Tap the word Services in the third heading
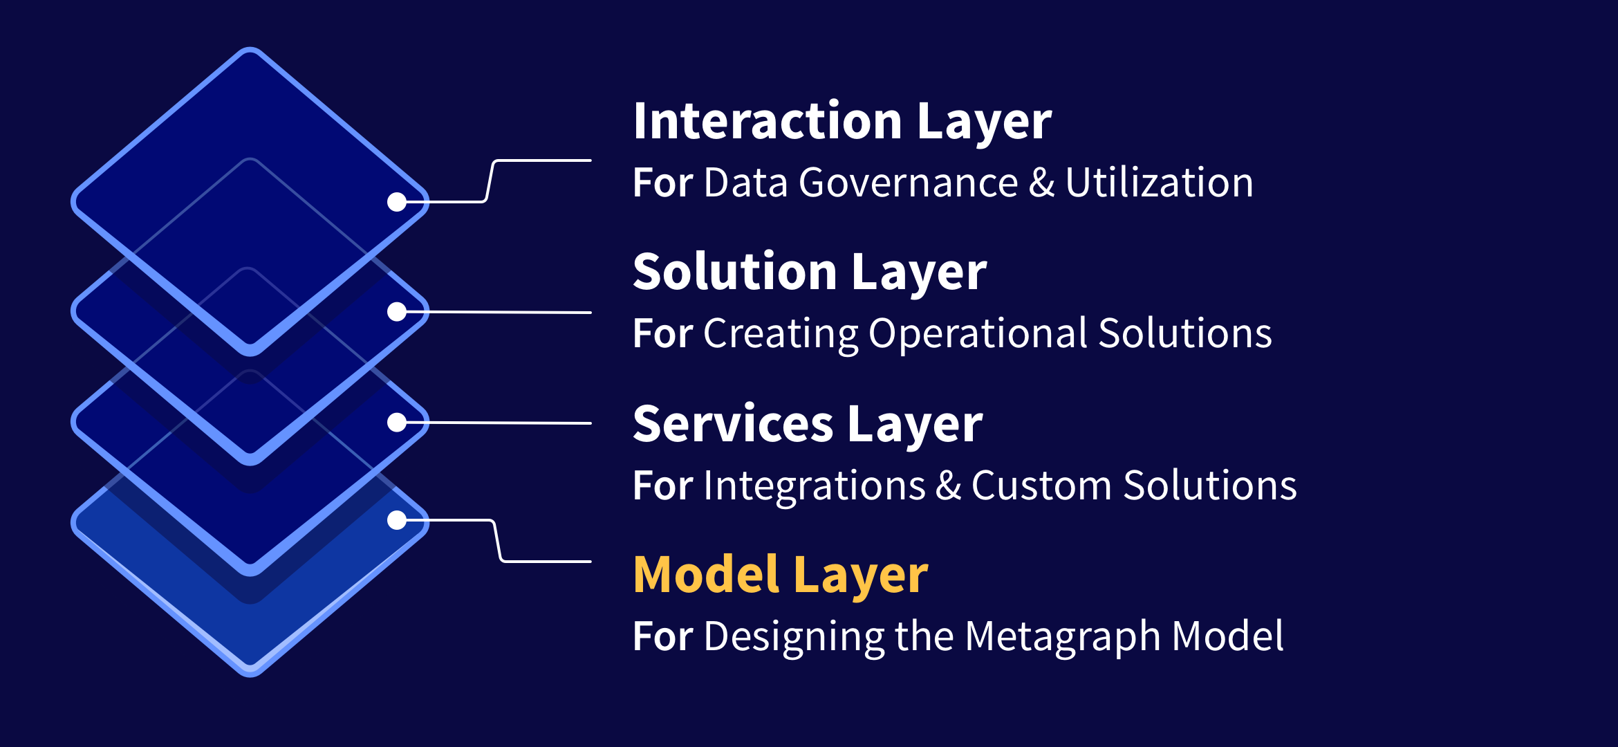point(733,423)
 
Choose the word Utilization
point(1159,183)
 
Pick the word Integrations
point(815,486)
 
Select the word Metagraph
point(1062,637)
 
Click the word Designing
point(794,637)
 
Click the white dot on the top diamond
point(397,202)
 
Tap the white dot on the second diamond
point(397,312)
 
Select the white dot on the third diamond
point(397,423)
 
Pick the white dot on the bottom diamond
point(397,520)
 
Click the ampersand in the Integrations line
point(949,486)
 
